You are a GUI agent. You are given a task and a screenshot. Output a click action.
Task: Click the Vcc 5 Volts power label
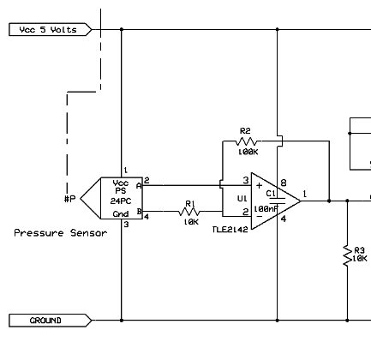click(x=51, y=29)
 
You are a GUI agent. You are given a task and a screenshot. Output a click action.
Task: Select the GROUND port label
click(x=51, y=321)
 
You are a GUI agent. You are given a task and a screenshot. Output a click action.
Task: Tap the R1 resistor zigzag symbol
click(x=189, y=212)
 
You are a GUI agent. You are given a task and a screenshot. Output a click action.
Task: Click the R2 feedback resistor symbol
click(x=246, y=141)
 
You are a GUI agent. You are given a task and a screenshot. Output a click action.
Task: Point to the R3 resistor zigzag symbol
click(x=347, y=255)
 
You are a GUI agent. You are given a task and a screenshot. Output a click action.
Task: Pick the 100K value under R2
click(x=248, y=152)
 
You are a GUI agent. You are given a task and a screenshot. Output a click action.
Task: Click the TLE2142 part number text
click(x=230, y=230)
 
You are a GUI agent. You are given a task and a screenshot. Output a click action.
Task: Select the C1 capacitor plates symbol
click(x=277, y=201)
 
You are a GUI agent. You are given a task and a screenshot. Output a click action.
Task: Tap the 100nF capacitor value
click(x=266, y=209)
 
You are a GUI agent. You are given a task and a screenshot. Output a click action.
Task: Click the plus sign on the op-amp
click(x=259, y=186)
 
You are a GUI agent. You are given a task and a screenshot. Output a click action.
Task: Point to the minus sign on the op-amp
click(x=259, y=216)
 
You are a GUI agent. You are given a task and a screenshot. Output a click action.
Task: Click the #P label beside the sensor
click(x=70, y=199)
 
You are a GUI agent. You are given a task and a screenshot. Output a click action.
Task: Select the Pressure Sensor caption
click(x=61, y=233)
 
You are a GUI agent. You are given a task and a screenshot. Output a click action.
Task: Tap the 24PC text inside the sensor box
click(x=121, y=201)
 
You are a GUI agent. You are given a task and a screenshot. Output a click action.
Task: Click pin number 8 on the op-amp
click(x=284, y=183)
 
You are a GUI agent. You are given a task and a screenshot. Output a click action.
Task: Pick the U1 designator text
click(x=242, y=198)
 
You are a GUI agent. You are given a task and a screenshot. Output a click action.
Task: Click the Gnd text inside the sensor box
click(x=121, y=214)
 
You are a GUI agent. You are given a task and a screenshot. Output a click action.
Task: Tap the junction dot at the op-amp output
click(x=329, y=201)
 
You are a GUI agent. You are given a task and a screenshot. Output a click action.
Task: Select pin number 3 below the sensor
click(x=126, y=225)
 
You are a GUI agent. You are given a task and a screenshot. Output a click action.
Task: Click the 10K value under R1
click(x=191, y=222)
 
